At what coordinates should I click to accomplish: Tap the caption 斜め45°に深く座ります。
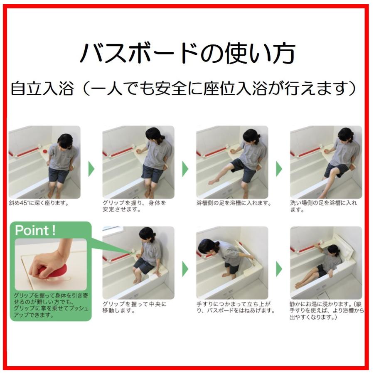pyautogui.click(x=38, y=204)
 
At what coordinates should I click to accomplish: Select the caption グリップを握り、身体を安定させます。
pyautogui.click(x=134, y=207)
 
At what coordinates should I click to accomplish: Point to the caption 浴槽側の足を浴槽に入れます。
pyautogui.click(x=234, y=204)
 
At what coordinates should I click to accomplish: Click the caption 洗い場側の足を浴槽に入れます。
pyautogui.click(x=323, y=207)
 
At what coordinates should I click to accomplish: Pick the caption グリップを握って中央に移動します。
pyautogui.click(x=134, y=308)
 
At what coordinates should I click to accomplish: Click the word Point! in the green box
pyautogui.click(x=35, y=231)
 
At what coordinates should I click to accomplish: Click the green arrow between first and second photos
pyautogui.click(x=91, y=169)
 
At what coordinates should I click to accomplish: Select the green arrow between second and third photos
pyautogui.click(x=185, y=169)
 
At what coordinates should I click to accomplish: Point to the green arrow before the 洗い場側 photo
pyautogui.click(x=279, y=169)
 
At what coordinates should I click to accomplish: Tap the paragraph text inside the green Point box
pyautogui.click(x=50, y=305)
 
